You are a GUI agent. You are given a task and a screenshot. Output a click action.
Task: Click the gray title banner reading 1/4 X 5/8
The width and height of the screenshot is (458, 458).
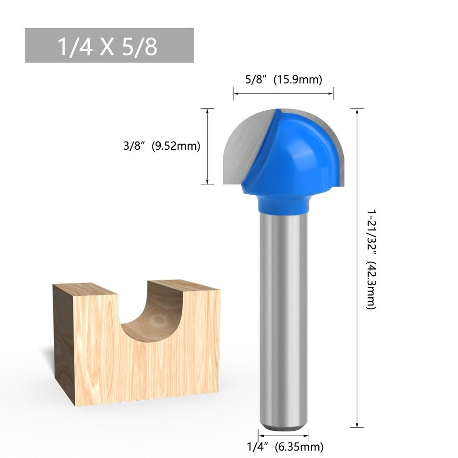pos(109,45)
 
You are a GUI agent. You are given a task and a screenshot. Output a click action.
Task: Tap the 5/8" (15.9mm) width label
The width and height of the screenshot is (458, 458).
pos(283,79)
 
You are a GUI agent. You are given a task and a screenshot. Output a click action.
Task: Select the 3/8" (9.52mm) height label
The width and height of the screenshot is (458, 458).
pos(161,146)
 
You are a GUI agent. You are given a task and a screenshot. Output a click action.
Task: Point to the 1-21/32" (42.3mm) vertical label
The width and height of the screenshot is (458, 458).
pos(371,258)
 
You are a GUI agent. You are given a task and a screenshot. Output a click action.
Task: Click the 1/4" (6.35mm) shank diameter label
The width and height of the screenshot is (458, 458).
pos(285,447)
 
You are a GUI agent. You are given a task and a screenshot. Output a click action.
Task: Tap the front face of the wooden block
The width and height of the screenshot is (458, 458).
pos(143,372)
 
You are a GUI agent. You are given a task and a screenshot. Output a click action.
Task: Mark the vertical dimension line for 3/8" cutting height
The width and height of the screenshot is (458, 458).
pos(207,146)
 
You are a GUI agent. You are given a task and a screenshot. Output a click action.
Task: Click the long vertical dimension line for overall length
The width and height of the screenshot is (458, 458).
pos(357,267)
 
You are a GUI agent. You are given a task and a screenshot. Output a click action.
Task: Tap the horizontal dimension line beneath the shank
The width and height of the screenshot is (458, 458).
pos(283,435)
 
